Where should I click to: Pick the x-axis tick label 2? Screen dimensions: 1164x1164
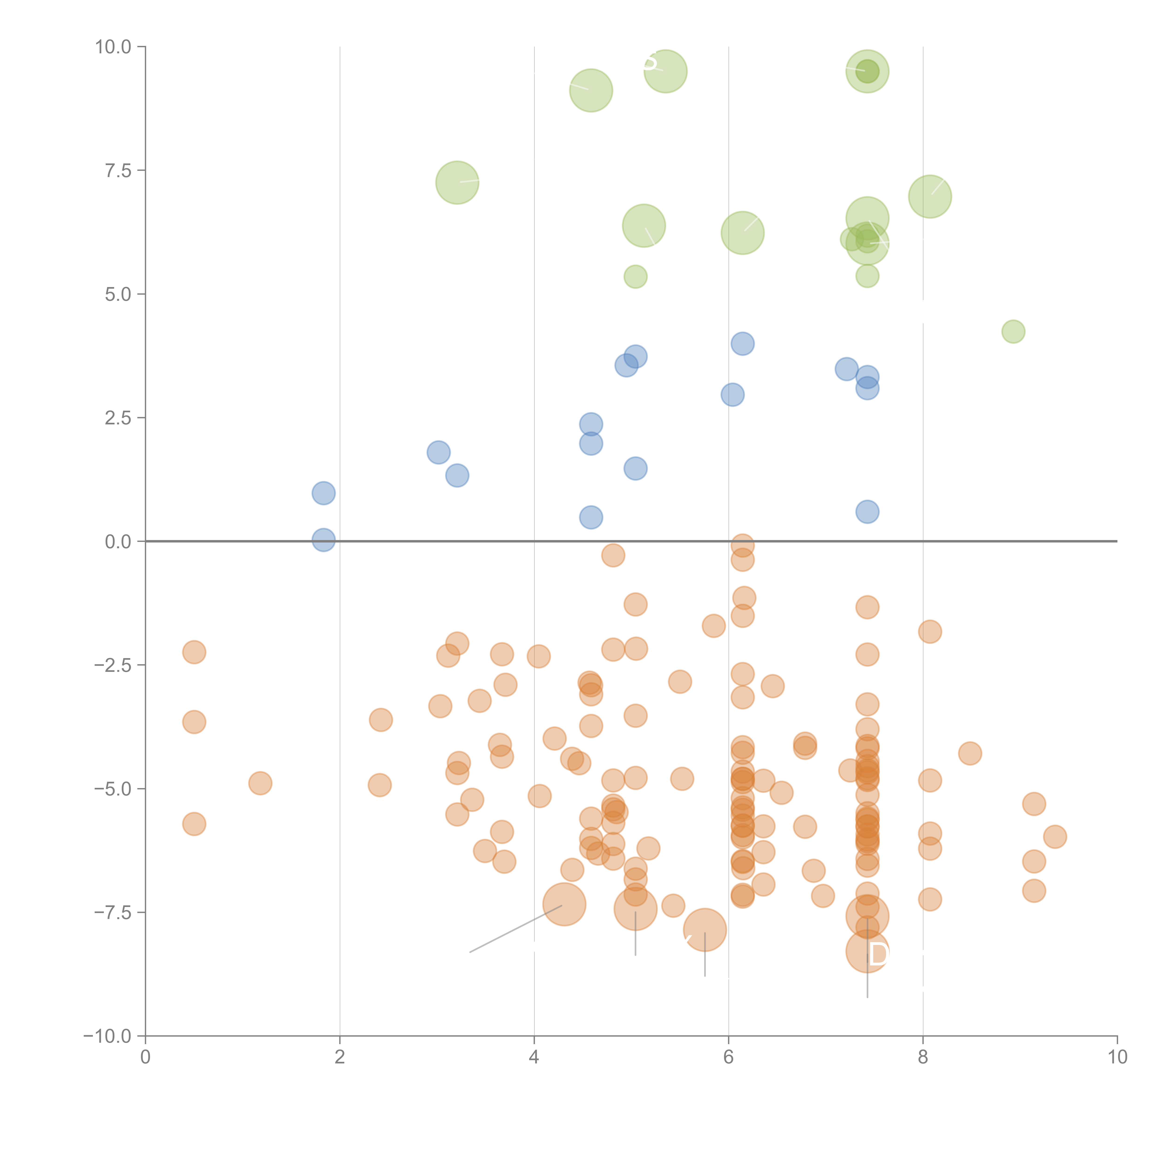click(340, 1057)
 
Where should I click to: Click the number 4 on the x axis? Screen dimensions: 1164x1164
click(534, 1057)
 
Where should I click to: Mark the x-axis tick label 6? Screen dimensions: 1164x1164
click(728, 1057)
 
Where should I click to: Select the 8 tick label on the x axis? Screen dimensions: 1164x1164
click(922, 1057)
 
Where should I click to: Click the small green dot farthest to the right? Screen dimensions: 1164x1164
click(1013, 331)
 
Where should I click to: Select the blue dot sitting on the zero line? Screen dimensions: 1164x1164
click(324, 540)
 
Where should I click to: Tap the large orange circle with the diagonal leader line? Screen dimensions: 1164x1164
click(564, 904)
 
